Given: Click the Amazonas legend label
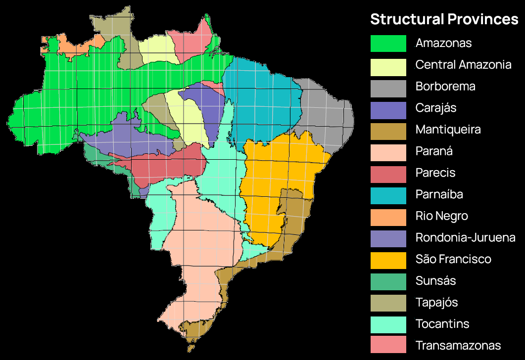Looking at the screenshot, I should [x=443, y=43].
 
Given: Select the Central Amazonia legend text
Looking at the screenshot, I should [x=463, y=65].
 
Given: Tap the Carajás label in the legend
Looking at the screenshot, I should [x=436, y=108].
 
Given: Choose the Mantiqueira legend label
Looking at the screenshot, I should [x=448, y=130].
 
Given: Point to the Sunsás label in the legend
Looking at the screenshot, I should [x=435, y=281].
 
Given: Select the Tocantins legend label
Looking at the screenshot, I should [x=442, y=324].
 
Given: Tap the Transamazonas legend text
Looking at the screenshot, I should [x=458, y=346].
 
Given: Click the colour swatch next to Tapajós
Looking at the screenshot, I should [x=388, y=303].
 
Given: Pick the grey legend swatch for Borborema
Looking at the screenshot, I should [x=388, y=87].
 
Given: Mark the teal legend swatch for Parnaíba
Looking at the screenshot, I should [x=388, y=195].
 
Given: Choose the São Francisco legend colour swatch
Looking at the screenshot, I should [x=388, y=260].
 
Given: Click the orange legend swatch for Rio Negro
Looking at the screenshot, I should [x=388, y=217].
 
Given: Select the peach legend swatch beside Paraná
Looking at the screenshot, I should [x=388, y=151].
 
